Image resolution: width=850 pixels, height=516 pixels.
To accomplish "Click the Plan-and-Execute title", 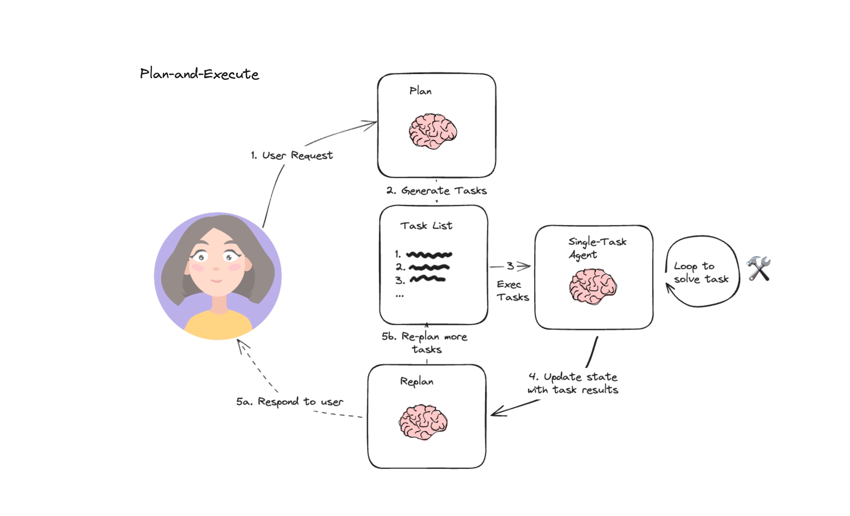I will [x=199, y=74].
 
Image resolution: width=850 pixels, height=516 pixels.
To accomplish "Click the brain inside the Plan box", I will [x=433, y=131].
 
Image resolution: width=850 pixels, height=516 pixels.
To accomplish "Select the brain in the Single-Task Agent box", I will [x=593, y=286].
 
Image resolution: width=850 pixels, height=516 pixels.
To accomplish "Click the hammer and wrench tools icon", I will [x=759, y=268].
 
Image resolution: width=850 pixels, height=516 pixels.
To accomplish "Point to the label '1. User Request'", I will [x=292, y=155].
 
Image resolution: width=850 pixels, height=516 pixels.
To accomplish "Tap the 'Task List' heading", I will [x=426, y=225].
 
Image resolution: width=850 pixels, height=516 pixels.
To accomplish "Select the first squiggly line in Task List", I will [x=429, y=255].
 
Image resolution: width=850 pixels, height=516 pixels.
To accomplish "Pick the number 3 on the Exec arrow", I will [x=510, y=266].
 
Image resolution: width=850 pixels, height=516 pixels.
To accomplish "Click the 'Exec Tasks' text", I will [x=512, y=291].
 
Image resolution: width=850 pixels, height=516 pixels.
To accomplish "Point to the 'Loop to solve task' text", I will [x=701, y=272].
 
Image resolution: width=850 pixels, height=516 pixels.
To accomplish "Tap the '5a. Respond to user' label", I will [x=290, y=402].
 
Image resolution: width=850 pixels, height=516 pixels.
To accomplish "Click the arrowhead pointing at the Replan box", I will [x=494, y=413].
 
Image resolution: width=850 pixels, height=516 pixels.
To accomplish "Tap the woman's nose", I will [x=216, y=269].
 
